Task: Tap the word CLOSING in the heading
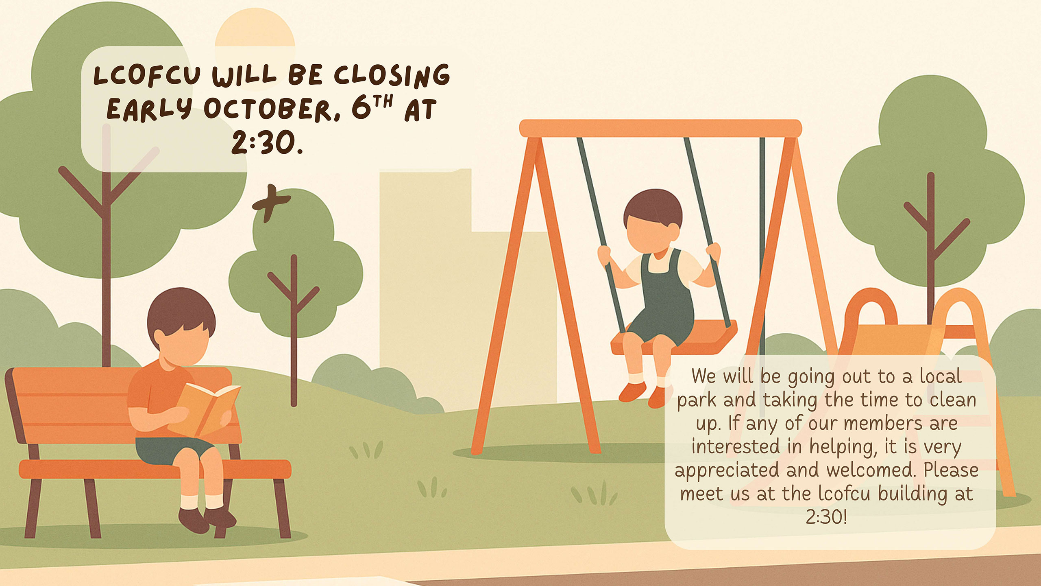392,75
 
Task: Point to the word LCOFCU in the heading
147,76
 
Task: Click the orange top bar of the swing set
660,128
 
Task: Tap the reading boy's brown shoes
207,519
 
